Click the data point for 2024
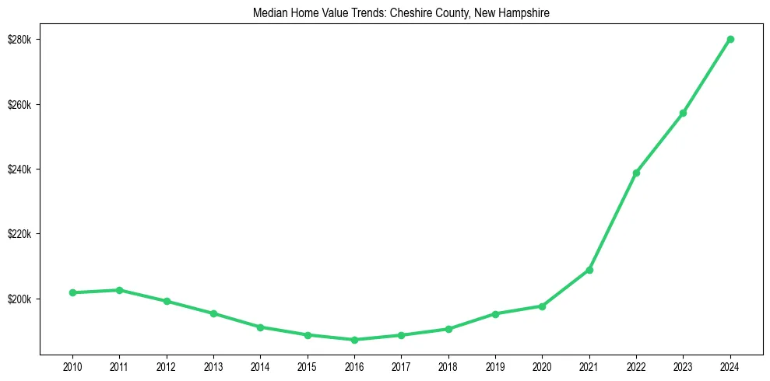(x=730, y=39)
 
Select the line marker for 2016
(x=354, y=340)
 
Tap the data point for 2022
(x=636, y=173)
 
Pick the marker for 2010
(x=72, y=292)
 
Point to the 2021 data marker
(x=589, y=270)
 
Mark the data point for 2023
(x=683, y=113)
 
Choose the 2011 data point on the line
(x=119, y=290)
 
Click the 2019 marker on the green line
(x=495, y=314)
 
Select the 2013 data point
(x=213, y=313)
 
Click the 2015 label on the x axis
(x=308, y=366)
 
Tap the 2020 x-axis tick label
(x=543, y=366)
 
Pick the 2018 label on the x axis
(x=448, y=366)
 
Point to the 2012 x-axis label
(x=167, y=366)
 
